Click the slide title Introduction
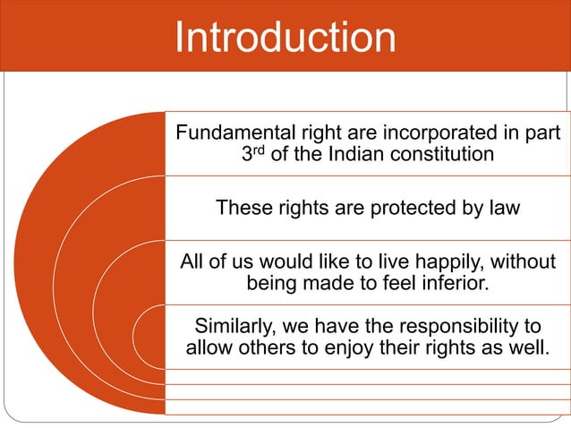[x=285, y=38]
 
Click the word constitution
[x=446, y=154]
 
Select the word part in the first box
[x=542, y=134]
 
